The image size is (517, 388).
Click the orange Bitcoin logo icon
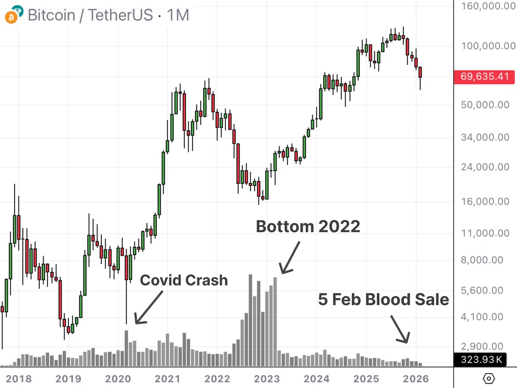pyautogui.click(x=10, y=17)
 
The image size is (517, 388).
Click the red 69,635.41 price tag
pyautogui.click(x=485, y=78)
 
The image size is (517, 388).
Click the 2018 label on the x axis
pyautogui.click(x=19, y=379)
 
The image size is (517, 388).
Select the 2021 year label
pyautogui.click(x=167, y=379)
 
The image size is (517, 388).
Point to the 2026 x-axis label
pyautogui.click(x=416, y=379)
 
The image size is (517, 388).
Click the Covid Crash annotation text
pyautogui.click(x=184, y=281)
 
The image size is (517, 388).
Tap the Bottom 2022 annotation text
pyautogui.click(x=308, y=226)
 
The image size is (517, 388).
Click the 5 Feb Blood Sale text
pyautogui.click(x=384, y=299)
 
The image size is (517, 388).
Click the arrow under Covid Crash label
pyautogui.click(x=149, y=307)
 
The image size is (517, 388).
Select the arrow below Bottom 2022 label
pyautogui.click(x=290, y=258)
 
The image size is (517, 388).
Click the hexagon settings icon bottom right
pyautogui.click(x=489, y=379)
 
